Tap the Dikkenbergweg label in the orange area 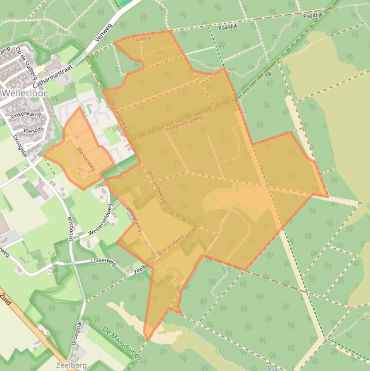tap(183, 124)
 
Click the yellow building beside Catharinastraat tap(40, 70)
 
